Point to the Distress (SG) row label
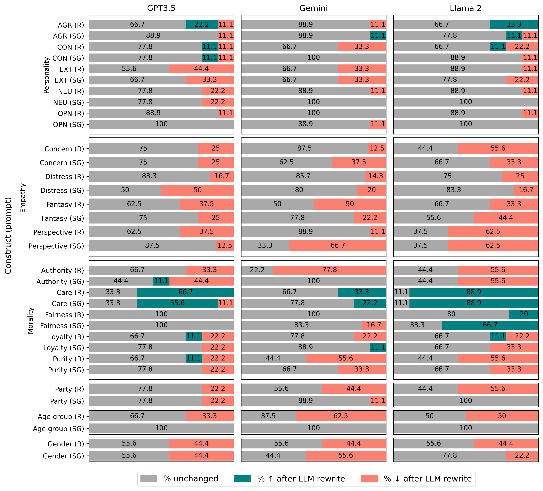click(x=62, y=190)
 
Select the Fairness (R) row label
click(x=64, y=315)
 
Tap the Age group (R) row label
click(x=61, y=417)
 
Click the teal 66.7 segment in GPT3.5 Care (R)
click(x=185, y=292)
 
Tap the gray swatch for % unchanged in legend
click(x=149, y=479)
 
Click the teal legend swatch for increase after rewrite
click(x=243, y=479)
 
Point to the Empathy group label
click(x=23, y=198)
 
